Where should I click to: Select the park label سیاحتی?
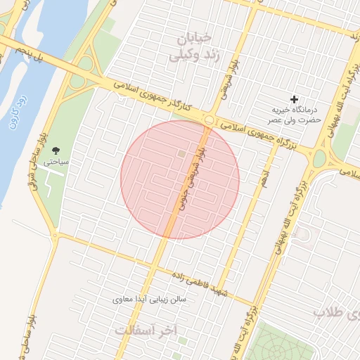(x=56, y=161)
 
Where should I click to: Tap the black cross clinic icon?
(x=294, y=100)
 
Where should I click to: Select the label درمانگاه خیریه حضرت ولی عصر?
(x=297, y=115)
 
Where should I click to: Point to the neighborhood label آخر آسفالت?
(x=147, y=330)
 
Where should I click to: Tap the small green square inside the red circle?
(x=181, y=153)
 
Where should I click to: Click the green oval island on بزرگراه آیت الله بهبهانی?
(x=319, y=158)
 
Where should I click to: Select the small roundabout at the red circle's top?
(x=208, y=120)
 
